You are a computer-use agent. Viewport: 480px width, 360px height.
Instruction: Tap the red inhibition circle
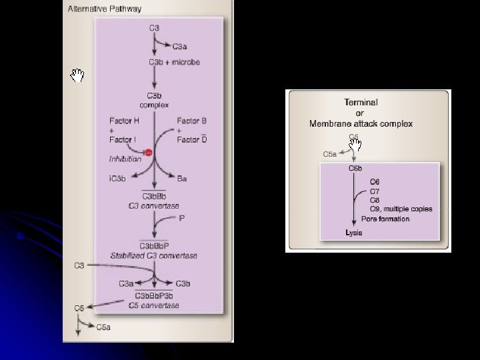[x=149, y=153]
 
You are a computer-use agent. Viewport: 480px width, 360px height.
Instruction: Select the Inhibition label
[x=125, y=159]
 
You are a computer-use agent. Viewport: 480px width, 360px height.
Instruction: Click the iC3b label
[x=117, y=178]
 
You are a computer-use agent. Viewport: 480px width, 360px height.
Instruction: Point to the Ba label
[x=181, y=178]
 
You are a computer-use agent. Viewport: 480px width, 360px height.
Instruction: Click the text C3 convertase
[x=154, y=206]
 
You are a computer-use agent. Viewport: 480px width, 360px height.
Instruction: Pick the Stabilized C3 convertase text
[x=154, y=255]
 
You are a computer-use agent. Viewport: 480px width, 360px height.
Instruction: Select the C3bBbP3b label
[x=154, y=296]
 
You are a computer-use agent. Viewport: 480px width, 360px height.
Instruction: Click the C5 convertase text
[x=154, y=305]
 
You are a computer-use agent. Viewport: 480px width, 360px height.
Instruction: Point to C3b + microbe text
[x=174, y=62]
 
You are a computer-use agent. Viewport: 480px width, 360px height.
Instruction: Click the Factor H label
[x=124, y=121]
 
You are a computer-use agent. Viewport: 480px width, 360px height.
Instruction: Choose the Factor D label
[x=192, y=139]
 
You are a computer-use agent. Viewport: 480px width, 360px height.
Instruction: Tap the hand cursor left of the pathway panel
[x=78, y=75]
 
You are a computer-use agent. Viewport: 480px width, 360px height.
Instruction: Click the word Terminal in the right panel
[x=361, y=103]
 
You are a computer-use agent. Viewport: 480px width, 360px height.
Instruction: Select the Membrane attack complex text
[x=361, y=123]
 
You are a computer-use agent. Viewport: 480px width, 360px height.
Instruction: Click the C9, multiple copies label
[x=401, y=209]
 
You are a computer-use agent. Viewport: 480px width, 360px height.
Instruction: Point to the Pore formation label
[x=385, y=219]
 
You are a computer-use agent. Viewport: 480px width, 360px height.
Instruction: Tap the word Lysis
[x=354, y=233]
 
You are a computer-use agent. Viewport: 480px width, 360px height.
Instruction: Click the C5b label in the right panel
[x=356, y=169]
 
